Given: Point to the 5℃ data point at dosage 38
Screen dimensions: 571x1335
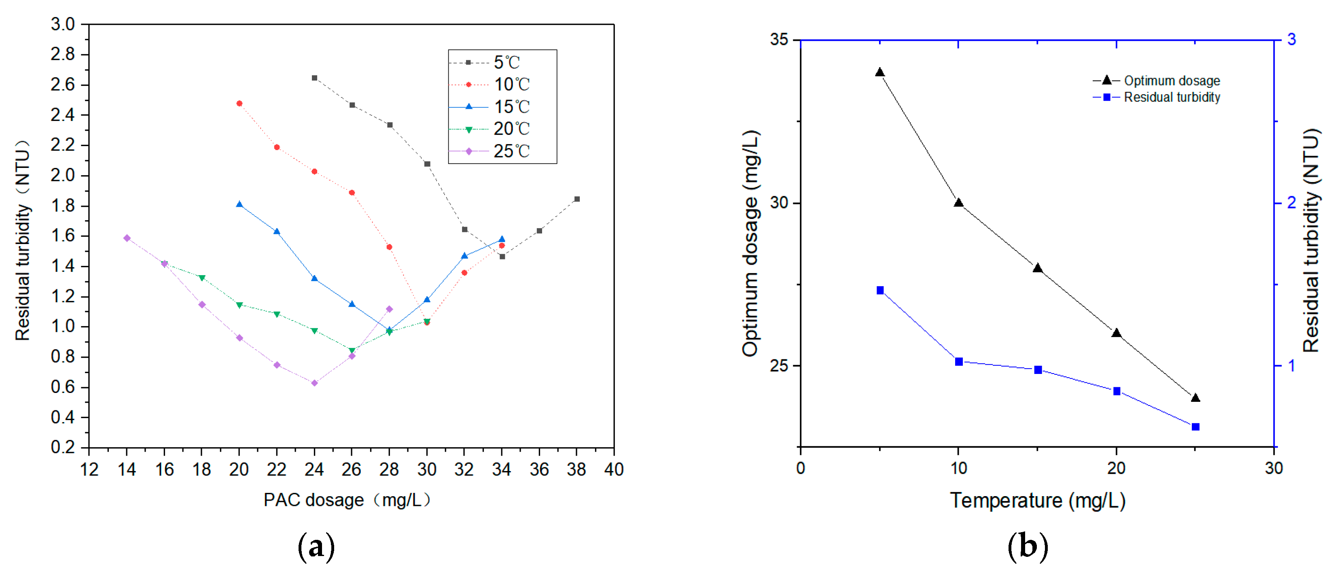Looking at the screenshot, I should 577,199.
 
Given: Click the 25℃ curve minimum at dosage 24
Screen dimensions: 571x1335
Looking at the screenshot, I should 314,383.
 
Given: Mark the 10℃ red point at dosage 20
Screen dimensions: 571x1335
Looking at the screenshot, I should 239,104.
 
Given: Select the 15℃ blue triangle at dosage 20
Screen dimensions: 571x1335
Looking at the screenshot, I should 239,204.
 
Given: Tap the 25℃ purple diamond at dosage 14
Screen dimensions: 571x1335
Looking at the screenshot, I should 127,238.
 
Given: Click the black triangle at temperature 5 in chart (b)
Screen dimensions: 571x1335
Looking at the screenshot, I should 879,72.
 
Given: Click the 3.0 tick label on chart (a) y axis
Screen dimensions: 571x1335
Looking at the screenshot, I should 63,24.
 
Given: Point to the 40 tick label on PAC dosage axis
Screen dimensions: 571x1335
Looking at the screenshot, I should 614,469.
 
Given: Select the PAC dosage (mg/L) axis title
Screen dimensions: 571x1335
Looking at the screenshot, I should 347,500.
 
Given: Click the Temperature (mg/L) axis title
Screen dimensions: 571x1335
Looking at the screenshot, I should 1038,501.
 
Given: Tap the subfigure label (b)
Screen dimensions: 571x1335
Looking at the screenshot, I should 1027,546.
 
